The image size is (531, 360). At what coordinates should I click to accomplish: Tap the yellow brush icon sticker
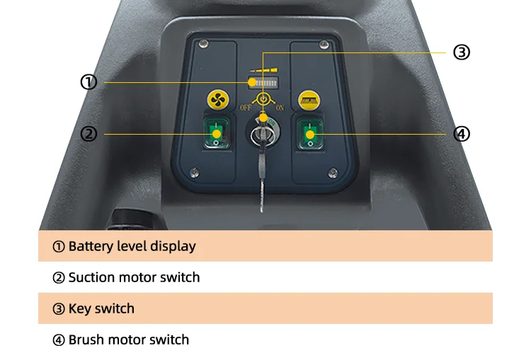point(308,99)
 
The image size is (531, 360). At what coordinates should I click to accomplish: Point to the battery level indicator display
point(263,80)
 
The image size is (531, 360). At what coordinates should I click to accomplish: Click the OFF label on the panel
point(246,108)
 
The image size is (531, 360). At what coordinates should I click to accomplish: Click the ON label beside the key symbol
point(279,108)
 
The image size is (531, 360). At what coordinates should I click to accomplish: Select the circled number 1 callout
point(88,82)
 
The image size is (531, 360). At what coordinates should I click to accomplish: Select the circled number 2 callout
point(88,133)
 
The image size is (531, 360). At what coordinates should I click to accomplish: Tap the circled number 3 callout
point(462,52)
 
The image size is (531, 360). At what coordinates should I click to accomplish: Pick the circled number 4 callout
point(462,133)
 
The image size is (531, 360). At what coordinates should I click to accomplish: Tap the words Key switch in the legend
point(101,309)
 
